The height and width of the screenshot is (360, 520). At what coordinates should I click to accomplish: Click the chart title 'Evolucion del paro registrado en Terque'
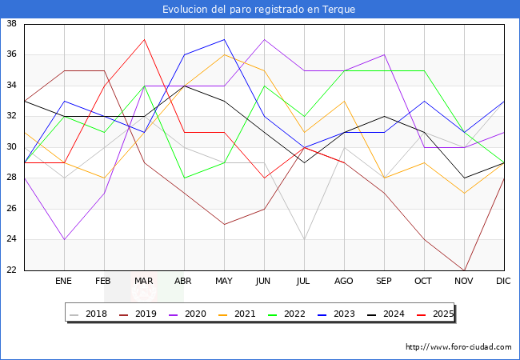click(x=258, y=10)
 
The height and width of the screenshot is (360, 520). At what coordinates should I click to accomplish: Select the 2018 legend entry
click(x=88, y=314)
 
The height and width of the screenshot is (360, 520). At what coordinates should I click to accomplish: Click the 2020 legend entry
click(x=187, y=314)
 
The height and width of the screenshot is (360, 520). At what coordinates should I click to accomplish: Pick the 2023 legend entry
click(x=336, y=314)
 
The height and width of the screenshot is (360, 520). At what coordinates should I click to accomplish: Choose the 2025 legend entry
click(x=435, y=314)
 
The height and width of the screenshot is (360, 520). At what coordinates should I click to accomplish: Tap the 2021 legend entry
click(x=237, y=314)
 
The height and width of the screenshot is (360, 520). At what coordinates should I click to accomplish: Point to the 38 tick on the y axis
click(x=12, y=23)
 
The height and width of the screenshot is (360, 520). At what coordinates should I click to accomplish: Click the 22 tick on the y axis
click(x=12, y=270)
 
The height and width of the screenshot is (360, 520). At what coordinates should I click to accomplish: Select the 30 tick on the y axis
click(x=12, y=147)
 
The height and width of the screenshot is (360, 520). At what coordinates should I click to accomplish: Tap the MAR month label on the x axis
click(x=143, y=281)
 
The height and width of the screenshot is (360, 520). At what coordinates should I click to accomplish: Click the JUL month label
click(x=303, y=281)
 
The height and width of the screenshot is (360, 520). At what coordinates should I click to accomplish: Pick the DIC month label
click(x=503, y=281)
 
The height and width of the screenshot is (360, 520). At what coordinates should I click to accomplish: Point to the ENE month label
click(x=63, y=281)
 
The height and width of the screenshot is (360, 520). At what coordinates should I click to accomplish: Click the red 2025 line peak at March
click(x=144, y=39)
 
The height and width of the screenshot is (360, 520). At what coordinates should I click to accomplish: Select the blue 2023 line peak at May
click(x=225, y=39)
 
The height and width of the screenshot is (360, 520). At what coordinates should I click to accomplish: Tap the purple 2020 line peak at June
click(x=264, y=39)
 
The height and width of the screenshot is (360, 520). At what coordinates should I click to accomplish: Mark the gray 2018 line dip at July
click(x=305, y=239)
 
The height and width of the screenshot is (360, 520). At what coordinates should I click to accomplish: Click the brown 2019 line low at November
click(x=464, y=270)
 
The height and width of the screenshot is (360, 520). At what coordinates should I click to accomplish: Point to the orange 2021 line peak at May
click(x=225, y=54)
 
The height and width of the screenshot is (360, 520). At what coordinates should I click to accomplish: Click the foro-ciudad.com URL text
click(x=458, y=347)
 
